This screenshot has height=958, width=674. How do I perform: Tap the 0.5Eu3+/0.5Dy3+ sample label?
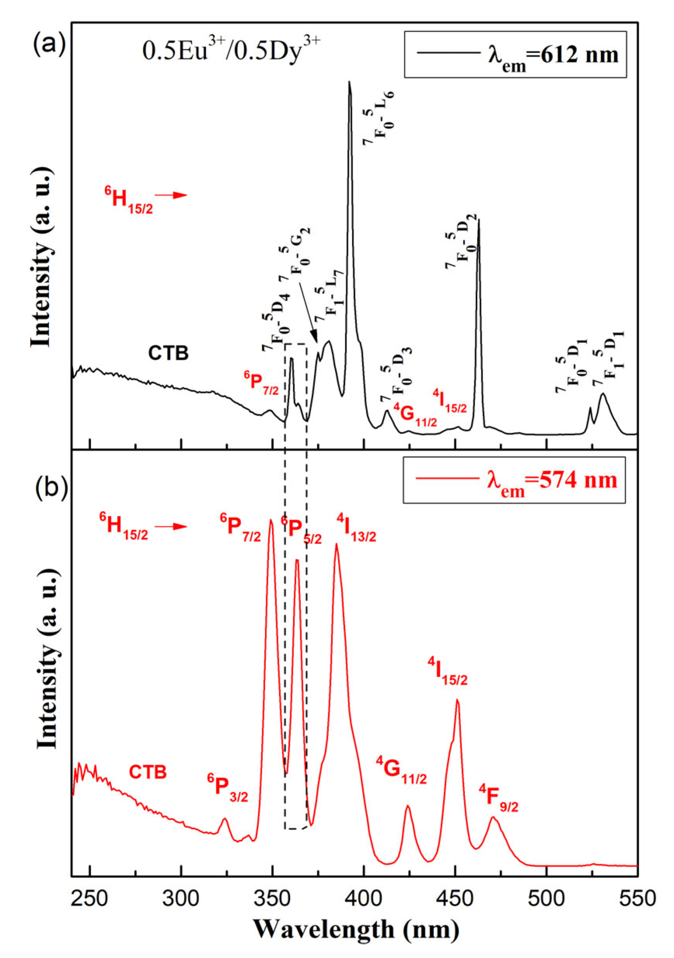[232, 52]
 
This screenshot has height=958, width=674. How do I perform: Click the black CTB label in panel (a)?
[168, 354]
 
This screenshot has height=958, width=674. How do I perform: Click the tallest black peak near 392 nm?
[349, 83]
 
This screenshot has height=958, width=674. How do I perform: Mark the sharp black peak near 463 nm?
[479, 220]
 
